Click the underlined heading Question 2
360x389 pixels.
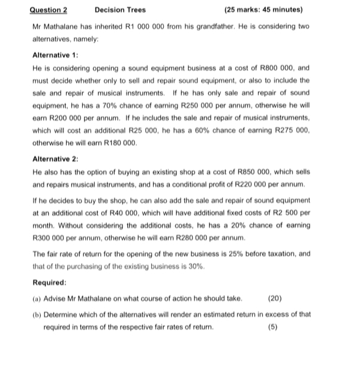coord(49,10)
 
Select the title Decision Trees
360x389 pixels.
coord(120,10)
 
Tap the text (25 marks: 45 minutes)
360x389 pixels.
coord(263,10)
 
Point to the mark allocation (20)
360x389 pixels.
coord(274,298)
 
